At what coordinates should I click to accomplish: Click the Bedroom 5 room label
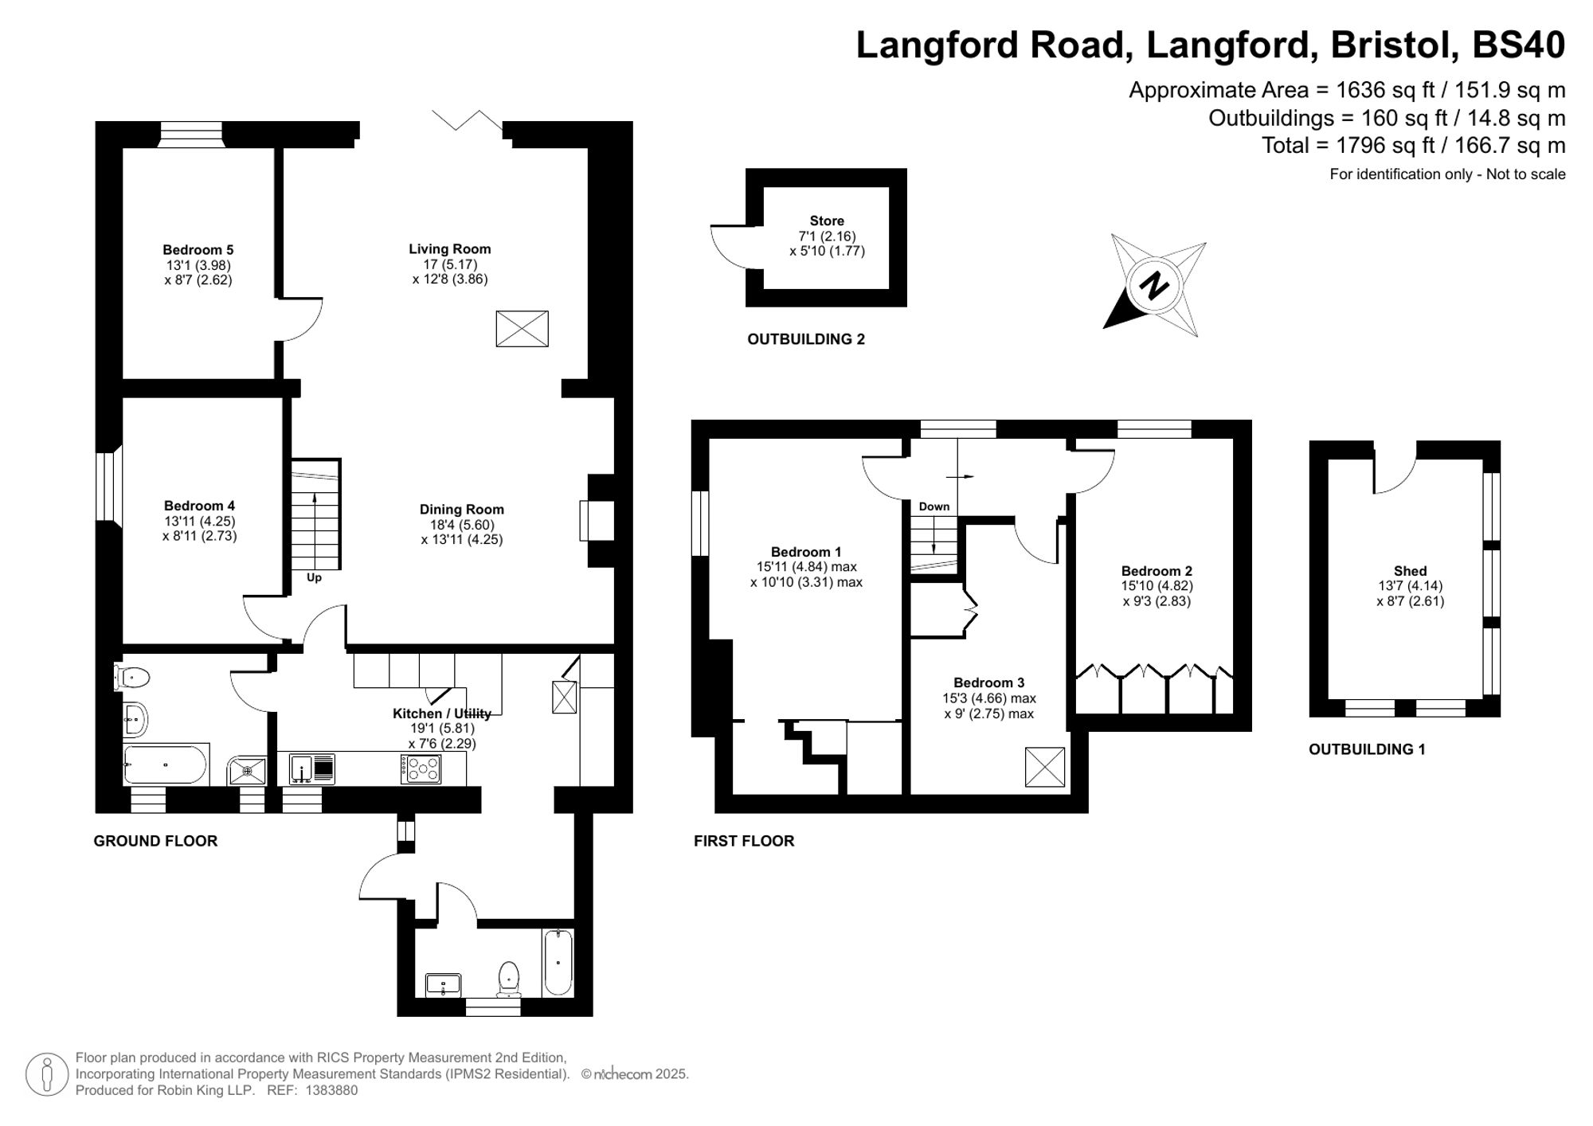(198, 250)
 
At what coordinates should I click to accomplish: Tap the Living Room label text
(449, 249)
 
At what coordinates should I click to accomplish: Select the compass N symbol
(1153, 285)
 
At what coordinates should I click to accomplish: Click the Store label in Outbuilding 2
(826, 221)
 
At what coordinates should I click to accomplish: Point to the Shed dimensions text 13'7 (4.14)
(1410, 586)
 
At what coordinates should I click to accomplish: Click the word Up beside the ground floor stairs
(314, 577)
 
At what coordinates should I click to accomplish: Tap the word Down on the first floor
(933, 506)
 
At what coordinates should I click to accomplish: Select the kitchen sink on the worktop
(303, 769)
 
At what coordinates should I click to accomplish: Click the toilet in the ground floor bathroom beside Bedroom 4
(132, 678)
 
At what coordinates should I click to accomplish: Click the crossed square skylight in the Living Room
(522, 329)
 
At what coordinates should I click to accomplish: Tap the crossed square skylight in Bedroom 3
(1044, 767)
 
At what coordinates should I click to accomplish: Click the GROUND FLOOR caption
(155, 841)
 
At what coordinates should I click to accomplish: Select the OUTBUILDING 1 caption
(1367, 749)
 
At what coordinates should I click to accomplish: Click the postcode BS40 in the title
(1518, 45)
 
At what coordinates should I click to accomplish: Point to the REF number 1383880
(331, 1091)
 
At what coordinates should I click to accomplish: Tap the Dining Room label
(462, 510)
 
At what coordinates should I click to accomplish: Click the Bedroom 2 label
(1157, 571)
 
